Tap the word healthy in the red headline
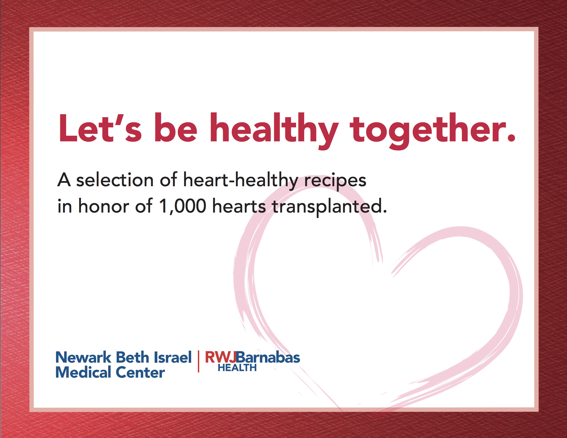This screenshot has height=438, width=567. pos(274,131)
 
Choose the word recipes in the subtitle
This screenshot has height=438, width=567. pos(335,181)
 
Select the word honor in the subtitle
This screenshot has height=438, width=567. pos(104,206)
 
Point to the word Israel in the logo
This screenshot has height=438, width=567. pos(173,357)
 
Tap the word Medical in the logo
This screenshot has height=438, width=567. pos(83,372)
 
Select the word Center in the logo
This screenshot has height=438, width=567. pos(140,372)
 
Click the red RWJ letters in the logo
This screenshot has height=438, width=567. pos(221,357)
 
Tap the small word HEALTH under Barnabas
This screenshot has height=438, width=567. pos(237,368)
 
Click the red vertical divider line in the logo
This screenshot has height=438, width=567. pos(198,361)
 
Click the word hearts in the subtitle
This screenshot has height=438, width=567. pos(239,206)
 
